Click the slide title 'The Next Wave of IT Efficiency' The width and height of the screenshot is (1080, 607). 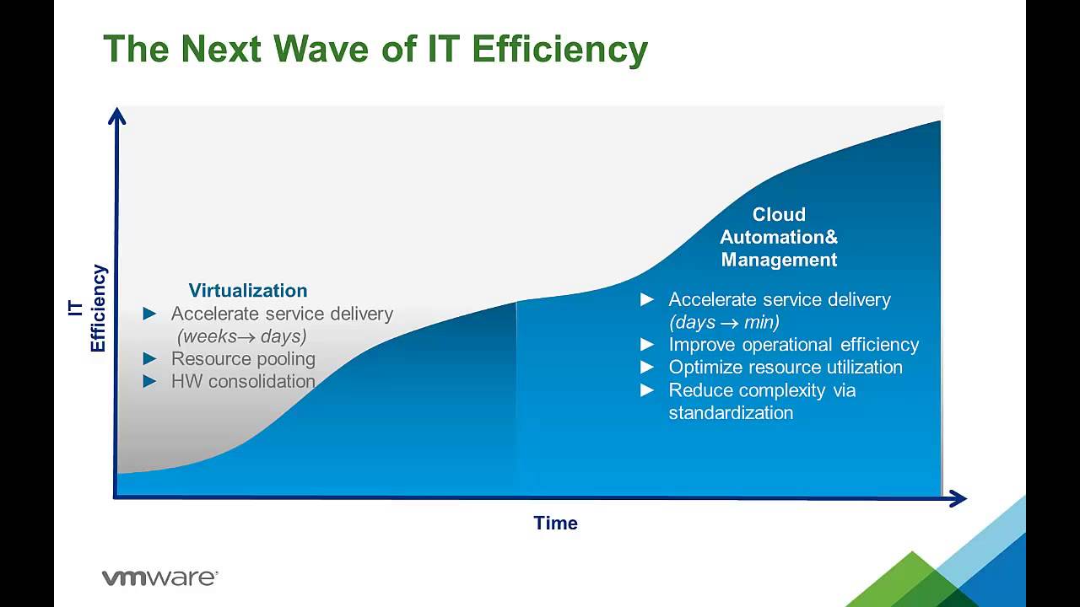click(375, 49)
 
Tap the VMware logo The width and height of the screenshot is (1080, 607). click(159, 577)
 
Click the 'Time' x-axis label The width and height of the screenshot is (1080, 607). click(555, 523)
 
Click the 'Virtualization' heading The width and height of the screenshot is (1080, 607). click(247, 291)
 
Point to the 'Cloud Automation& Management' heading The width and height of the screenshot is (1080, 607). click(779, 237)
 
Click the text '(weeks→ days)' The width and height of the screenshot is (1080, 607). click(241, 336)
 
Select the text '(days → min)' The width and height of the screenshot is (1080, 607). click(724, 322)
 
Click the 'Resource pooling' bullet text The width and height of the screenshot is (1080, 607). click(243, 359)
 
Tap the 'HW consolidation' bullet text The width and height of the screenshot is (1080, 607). click(243, 381)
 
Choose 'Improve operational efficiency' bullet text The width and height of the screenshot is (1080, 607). click(793, 345)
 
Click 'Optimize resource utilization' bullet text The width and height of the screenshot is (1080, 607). click(785, 368)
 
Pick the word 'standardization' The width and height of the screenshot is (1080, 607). click(731, 413)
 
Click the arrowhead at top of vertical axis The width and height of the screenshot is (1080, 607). click(117, 115)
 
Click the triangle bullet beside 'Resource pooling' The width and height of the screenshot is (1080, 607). click(150, 359)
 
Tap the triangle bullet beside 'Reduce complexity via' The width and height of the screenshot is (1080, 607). click(647, 389)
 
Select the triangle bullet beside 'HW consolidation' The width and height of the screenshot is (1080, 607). click(150, 381)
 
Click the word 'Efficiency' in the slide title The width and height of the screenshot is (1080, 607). click(559, 49)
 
